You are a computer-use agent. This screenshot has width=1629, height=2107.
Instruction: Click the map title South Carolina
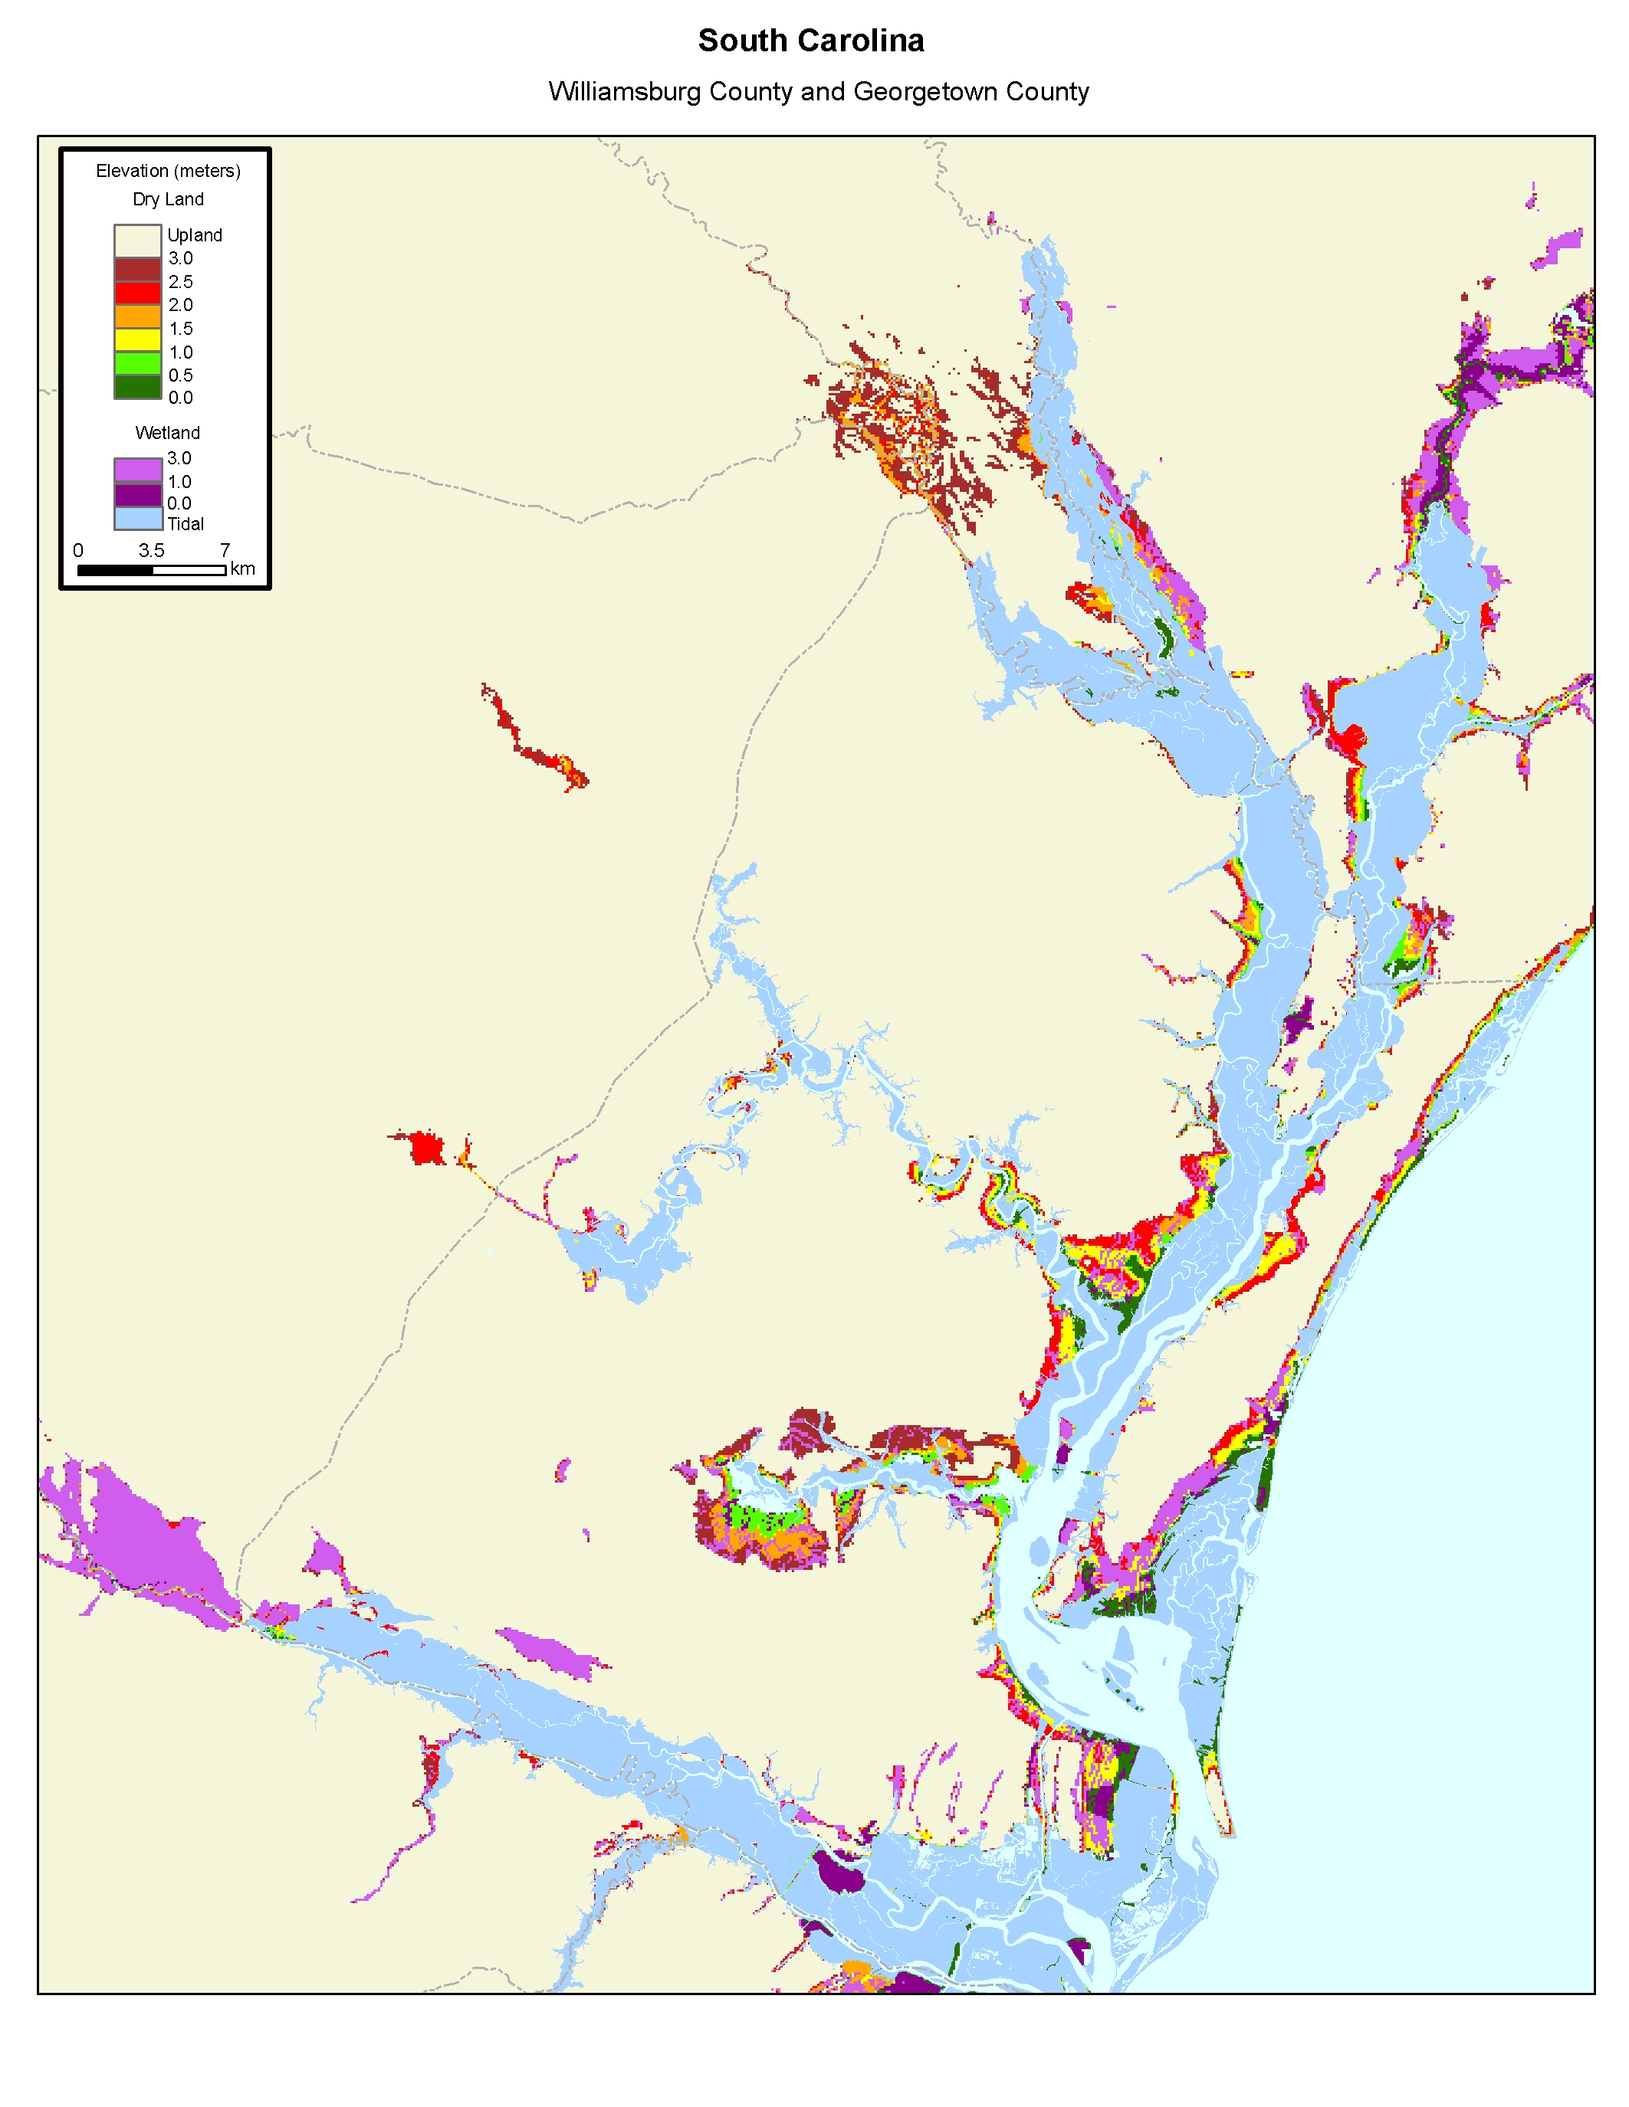810,41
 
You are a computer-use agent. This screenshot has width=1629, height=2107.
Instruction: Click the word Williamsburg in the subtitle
624,92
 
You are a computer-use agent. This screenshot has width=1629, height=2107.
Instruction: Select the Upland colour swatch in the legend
137,241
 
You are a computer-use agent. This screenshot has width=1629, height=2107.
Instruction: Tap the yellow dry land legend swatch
137,339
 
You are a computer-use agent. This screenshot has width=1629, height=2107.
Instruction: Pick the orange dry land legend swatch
137,316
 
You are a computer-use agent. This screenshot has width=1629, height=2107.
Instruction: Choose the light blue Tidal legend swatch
137,519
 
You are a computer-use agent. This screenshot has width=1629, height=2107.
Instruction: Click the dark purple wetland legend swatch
137,496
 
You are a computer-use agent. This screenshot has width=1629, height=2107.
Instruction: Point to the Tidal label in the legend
186,525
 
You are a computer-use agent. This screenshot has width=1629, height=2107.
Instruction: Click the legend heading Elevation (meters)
168,171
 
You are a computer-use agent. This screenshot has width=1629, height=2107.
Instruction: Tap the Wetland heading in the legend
167,432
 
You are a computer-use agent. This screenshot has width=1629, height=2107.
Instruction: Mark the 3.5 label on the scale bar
152,551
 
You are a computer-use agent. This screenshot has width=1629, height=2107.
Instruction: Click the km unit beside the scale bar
242,569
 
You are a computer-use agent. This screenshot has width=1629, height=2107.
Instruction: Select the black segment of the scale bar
115,570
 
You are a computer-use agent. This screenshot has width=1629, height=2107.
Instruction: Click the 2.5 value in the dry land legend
180,282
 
